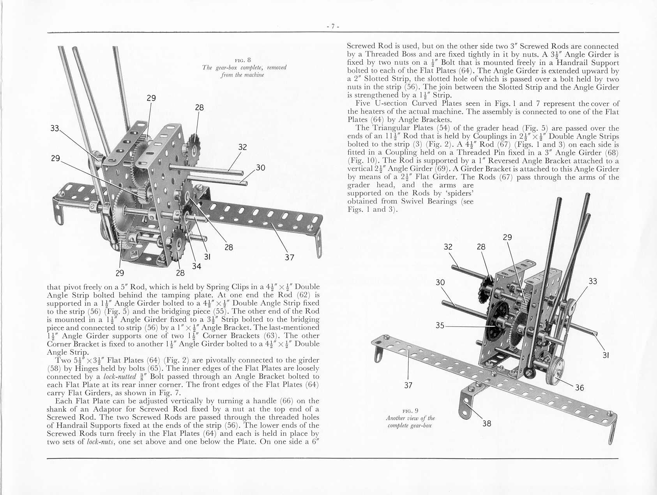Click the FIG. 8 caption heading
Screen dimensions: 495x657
click(x=244, y=60)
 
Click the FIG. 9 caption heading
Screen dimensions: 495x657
click(x=410, y=411)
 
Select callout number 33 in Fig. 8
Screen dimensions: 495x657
click(x=55, y=128)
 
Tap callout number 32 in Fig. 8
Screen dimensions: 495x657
click(x=242, y=147)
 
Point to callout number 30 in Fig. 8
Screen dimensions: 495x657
click(x=260, y=168)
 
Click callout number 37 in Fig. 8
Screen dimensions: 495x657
click(x=289, y=257)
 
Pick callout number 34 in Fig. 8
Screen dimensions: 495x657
click(x=196, y=266)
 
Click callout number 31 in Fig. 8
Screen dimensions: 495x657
click(x=207, y=257)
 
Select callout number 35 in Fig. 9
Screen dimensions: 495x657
click(x=440, y=325)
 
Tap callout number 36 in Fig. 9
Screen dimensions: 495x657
click(x=579, y=388)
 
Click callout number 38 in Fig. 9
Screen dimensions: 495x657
click(x=487, y=423)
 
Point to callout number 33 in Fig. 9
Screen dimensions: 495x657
click(x=592, y=281)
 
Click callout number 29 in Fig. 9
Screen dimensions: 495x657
click(x=507, y=237)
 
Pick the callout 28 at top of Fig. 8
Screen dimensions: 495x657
click(x=199, y=107)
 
